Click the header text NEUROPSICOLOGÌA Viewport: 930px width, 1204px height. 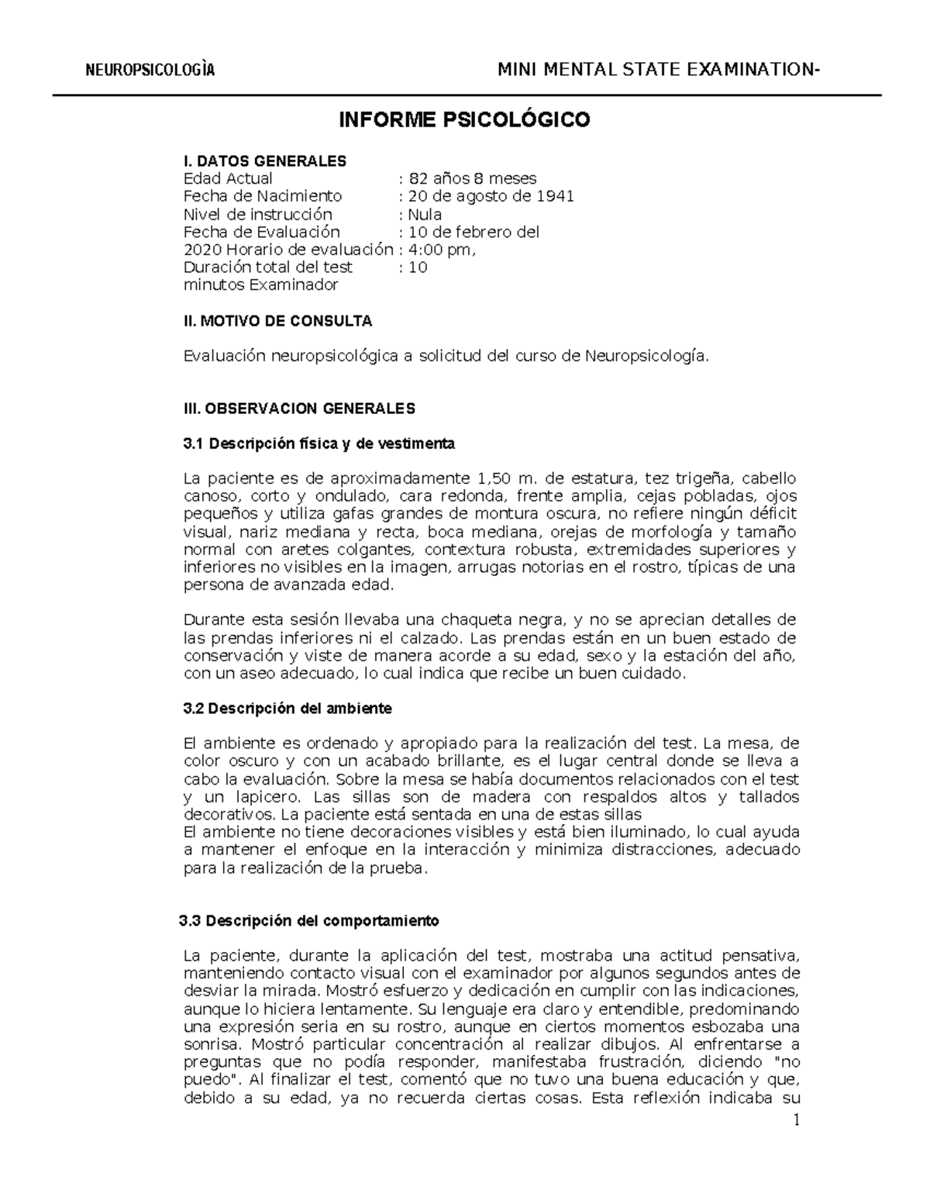[x=150, y=71]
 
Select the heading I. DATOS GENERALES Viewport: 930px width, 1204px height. [x=265, y=161]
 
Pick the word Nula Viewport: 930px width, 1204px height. [x=425, y=214]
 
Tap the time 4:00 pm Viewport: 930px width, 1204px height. [x=439, y=250]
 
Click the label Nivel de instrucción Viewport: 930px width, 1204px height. [x=257, y=214]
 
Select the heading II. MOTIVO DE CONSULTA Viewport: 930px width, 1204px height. [x=277, y=320]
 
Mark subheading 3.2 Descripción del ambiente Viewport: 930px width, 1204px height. [x=288, y=708]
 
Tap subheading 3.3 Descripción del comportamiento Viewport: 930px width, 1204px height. [x=308, y=921]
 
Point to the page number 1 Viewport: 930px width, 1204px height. [x=794, y=1120]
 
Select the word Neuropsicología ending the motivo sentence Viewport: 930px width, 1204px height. [x=646, y=356]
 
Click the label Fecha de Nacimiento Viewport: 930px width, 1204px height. [x=262, y=196]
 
